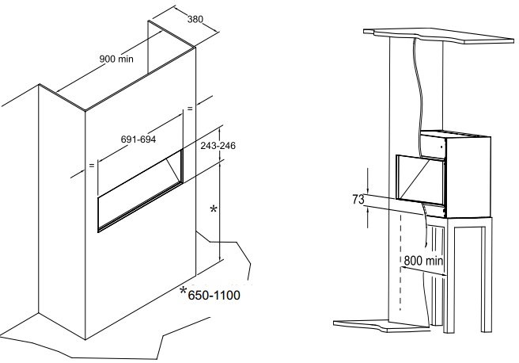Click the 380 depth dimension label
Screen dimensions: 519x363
coord(195,19)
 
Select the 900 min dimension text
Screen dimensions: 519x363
coord(116,59)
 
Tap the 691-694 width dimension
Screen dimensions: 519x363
coord(138,139)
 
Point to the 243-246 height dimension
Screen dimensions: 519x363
coord(218,146)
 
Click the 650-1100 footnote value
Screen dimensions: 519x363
coord(214,295)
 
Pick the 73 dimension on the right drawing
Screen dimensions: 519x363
coord(358,199)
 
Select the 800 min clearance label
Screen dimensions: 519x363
coord(423,261)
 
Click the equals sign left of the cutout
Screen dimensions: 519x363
coord(92,165)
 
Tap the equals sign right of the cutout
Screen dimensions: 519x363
coord(190,109)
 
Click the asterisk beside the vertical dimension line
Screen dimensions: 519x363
coord(214,209)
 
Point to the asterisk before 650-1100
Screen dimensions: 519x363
coord(183,291)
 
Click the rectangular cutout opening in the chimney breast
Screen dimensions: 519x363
coord(140,191)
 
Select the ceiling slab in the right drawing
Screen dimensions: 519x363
coord(439,36)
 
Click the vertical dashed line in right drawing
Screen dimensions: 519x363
coord(401,262)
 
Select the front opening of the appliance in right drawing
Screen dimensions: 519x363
coord(420,180)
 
